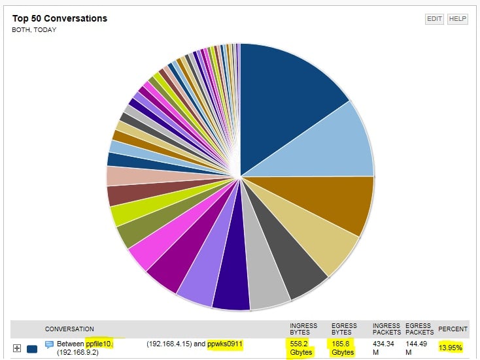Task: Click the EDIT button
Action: point(435,19)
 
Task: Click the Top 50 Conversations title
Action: point(60,18)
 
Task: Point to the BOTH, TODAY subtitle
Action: point(35,30)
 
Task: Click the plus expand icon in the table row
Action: point(18,348)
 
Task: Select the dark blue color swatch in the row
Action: point(32,348)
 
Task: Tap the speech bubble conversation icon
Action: point(49,344)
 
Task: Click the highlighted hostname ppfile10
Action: point(99,344)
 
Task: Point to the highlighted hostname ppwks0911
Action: point(225,344)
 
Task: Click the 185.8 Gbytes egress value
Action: point(343,348)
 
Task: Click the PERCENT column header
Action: point(453,329)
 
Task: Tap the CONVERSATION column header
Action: point(69,329)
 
